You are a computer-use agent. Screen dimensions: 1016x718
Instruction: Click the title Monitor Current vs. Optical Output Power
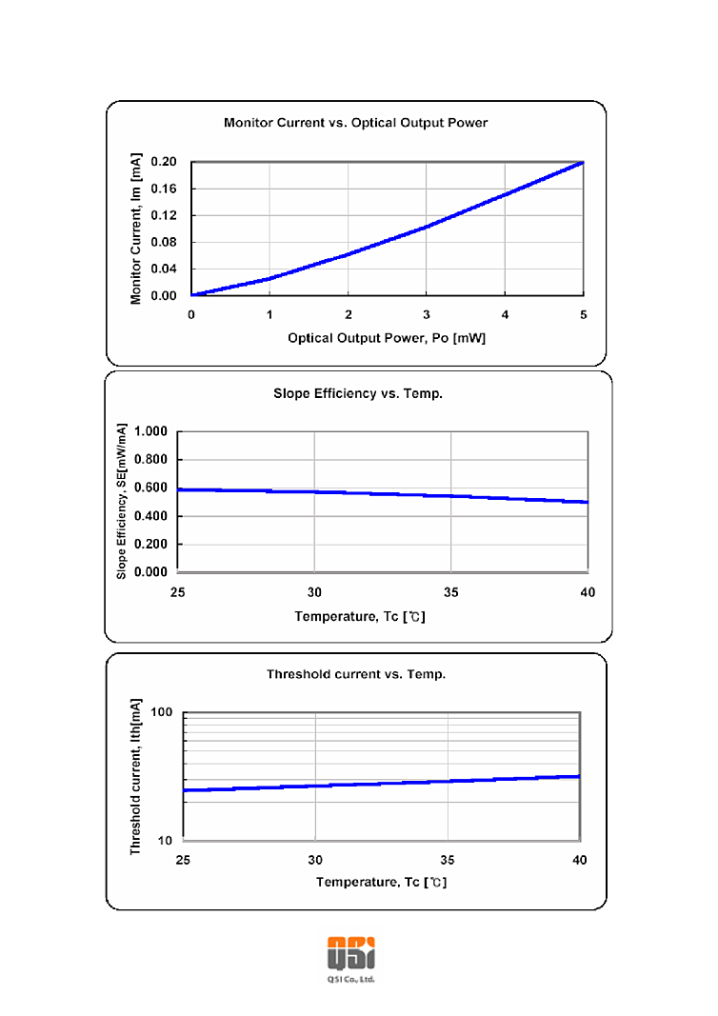(x=355, y=123)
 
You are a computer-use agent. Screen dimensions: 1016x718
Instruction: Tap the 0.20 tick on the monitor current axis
(x=165, y=162)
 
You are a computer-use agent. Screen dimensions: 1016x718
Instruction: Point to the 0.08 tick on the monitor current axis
(x=165, y=242)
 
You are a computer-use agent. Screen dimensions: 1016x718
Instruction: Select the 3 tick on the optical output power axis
(x=427, y=315)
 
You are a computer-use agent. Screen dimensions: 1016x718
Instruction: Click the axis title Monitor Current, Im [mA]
(x=136, y=229)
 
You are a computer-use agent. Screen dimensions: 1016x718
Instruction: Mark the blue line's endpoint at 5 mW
(x=583, y=162)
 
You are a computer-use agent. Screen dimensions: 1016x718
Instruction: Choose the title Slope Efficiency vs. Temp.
(x=357, y=393)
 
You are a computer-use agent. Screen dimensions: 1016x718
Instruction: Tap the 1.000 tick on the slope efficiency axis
(x=151, y=431)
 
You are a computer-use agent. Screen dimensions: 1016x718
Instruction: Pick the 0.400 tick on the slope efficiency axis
(x=151, y=516)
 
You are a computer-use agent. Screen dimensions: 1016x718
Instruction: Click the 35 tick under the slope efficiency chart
(x=451, y=592)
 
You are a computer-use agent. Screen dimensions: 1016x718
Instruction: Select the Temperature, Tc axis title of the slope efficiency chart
(x=360, y=616)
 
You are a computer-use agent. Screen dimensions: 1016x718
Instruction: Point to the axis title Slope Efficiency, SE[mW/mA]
(x=122, y=503)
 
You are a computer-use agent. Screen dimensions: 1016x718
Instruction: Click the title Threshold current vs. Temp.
(x=356, y=674)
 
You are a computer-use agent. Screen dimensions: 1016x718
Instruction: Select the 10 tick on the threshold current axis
(x=163, y=841)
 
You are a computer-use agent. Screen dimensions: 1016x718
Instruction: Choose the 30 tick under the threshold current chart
(x=315, y=860)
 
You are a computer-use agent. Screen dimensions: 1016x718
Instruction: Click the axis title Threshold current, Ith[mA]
(x=136, y=774)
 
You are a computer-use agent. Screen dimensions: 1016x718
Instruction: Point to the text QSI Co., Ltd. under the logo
(x=350, y=979)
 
